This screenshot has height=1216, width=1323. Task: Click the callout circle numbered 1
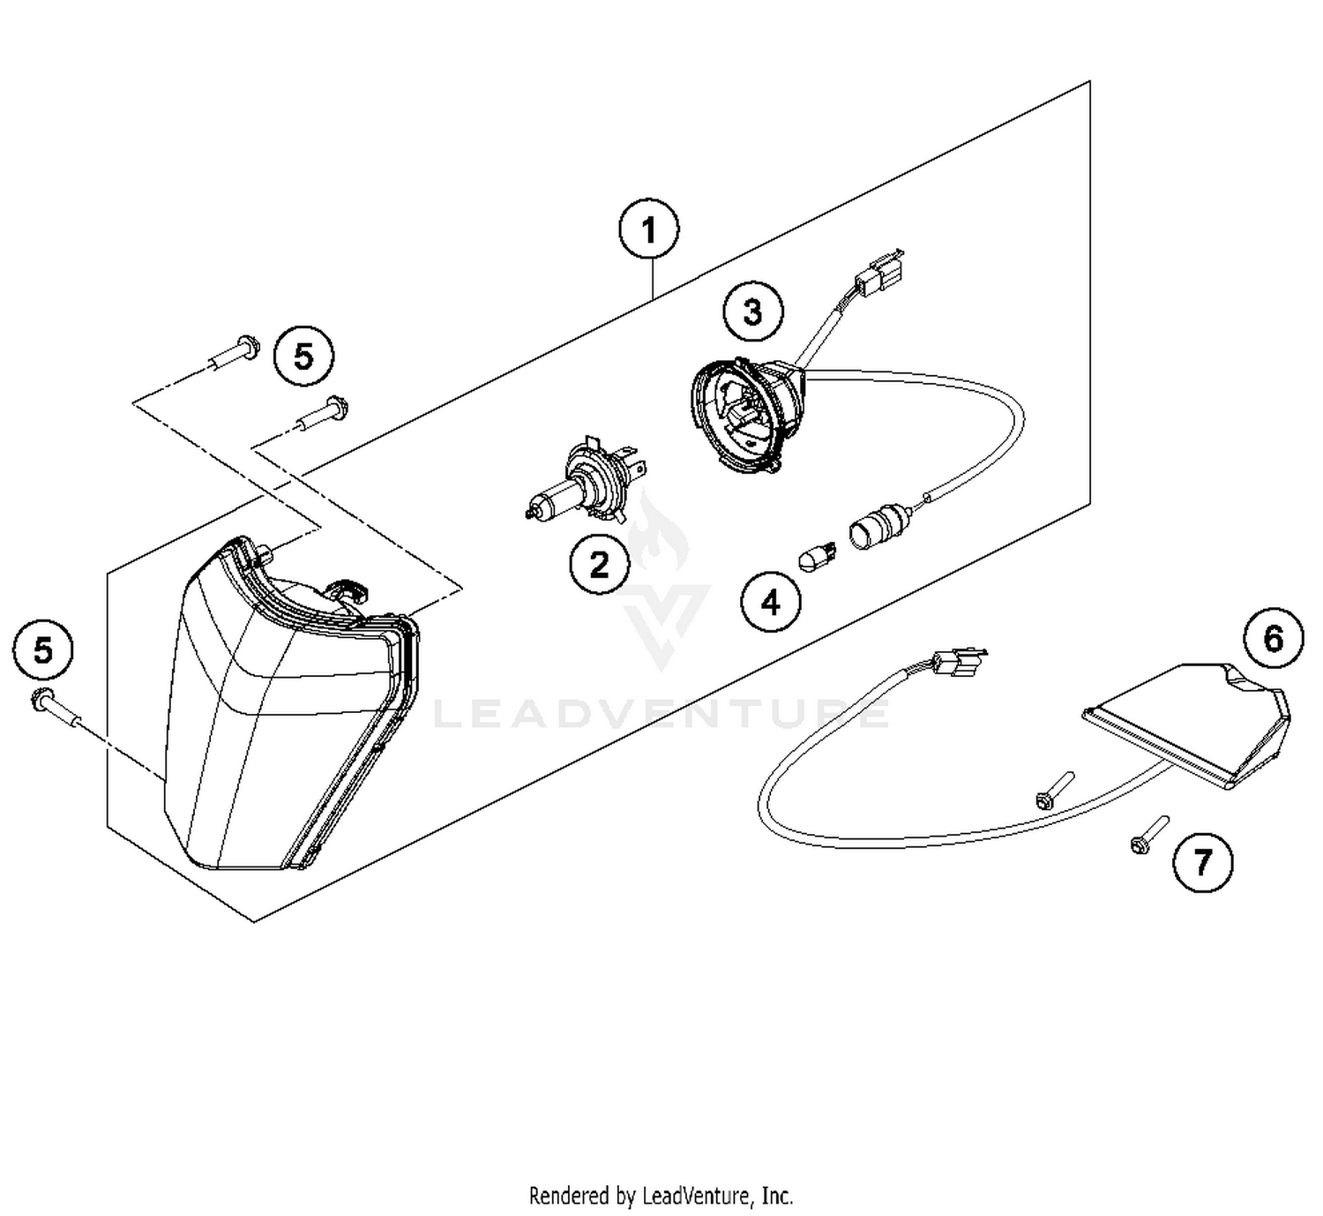pyautogui.click(x=649, y=231)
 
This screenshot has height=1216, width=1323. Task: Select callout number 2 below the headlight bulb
pyautogui.click(x=599, y=565)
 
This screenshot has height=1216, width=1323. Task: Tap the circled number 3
pyautogui.click(x=752, y=312)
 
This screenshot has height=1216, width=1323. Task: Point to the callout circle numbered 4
pyautogui.click(x=771, y=603)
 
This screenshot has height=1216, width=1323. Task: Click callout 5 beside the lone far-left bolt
pyautogui.click(x=43, y=651)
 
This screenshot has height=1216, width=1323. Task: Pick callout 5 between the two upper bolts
pyautogui.click(x=303, y=357)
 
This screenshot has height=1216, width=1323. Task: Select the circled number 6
pyautogui.click(x=1273, y=638)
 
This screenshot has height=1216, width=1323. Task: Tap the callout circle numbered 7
pyautogui.click(x=1202, y=861)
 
